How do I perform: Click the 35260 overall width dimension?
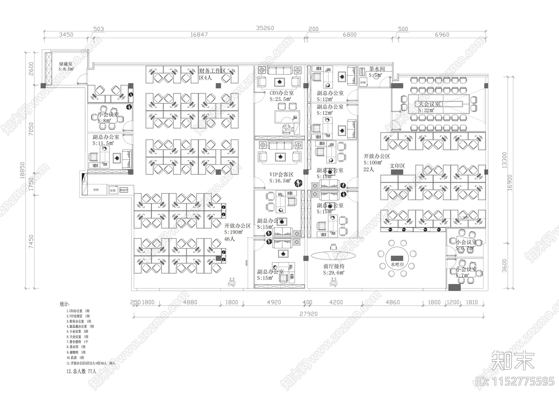tap(265, 28)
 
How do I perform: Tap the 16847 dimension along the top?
tap(199, 35)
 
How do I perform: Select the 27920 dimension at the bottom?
tap(308, 314)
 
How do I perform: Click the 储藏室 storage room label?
tap(66, 64)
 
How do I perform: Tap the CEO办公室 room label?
tap(282, 93)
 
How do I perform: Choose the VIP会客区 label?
tap(281, 174)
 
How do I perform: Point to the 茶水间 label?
tap(377, 69)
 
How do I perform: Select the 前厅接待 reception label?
tap(334, 266)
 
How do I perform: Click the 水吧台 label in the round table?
tap(397, 265)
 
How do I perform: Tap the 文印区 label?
tap(397, 166)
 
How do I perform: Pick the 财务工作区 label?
tap(212, 71)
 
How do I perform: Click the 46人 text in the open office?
tap(230, 239)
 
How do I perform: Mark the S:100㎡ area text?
tap(373, 163)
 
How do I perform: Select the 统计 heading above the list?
tap(65, 305)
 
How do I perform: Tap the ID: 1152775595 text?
tap(515, 381)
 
